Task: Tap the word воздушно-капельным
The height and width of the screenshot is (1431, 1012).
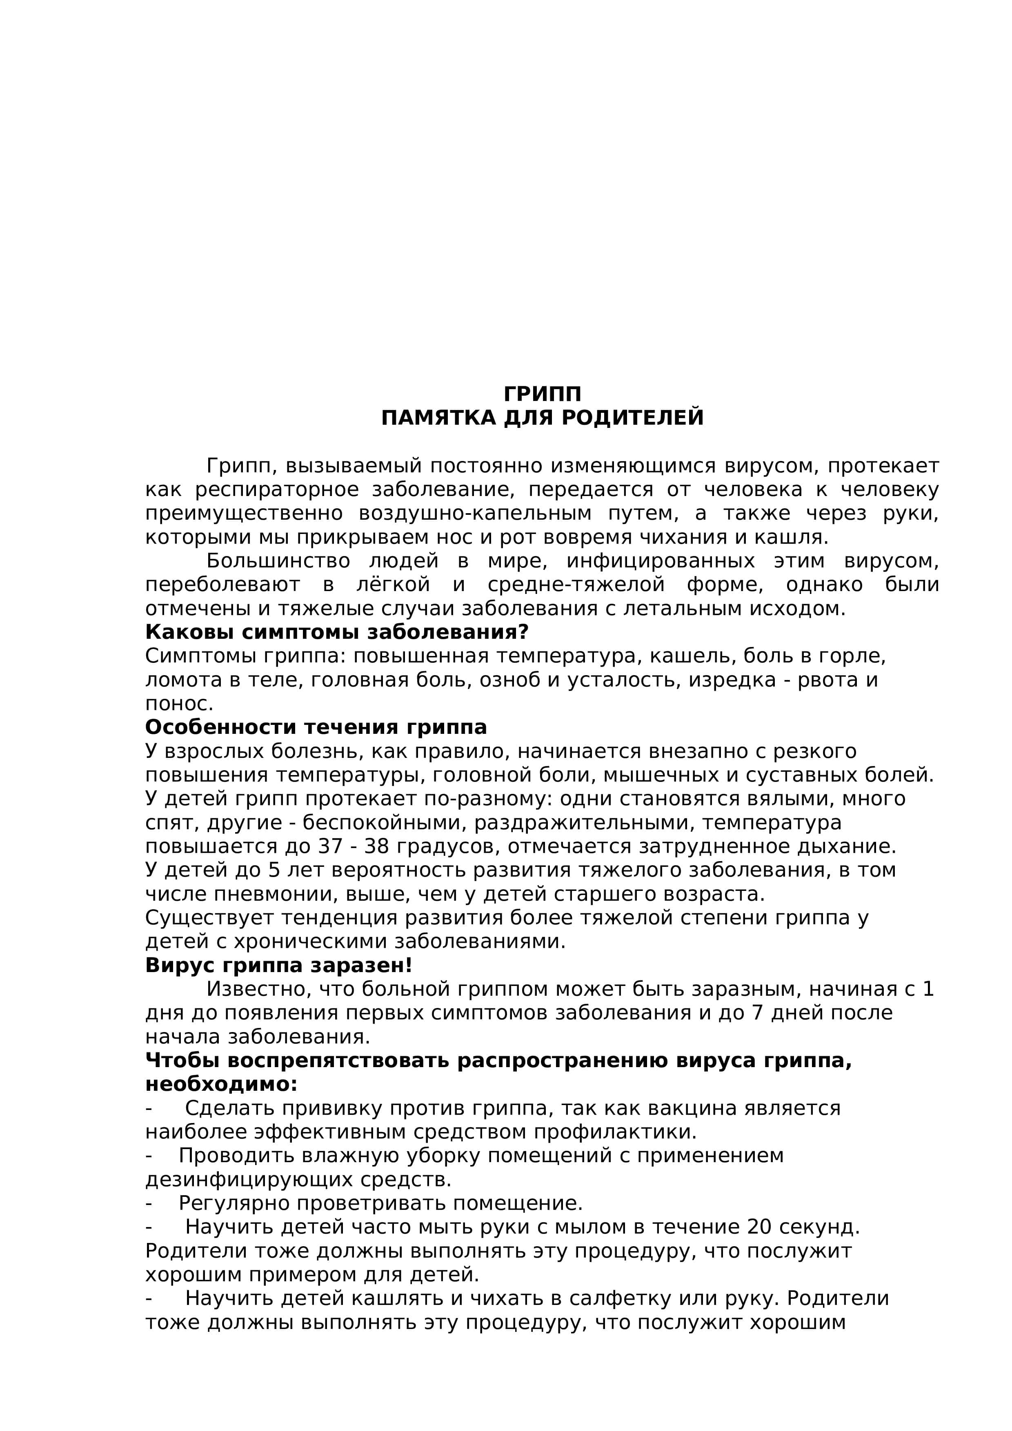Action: click(x=474, y=514)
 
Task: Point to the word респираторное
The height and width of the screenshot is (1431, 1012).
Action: click(x=277, y=490)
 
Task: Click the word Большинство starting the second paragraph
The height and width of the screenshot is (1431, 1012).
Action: click(x=278, y=561)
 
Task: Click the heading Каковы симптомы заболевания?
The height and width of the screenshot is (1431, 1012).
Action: click(x=337, y=632)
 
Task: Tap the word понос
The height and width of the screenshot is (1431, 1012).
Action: click(x=179, y=704)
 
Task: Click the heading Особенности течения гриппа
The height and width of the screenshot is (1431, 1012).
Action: click(x=316, y=727)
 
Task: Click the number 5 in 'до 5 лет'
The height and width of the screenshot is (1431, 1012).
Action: click(x=274, y=870)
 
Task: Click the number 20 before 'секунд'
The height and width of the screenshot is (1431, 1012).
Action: click(x=759, y=1227)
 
